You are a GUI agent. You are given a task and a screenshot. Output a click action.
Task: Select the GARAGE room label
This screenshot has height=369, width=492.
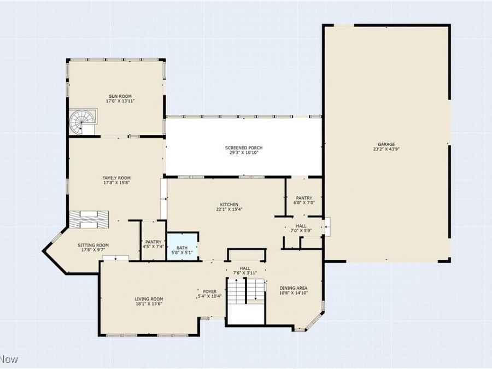386,144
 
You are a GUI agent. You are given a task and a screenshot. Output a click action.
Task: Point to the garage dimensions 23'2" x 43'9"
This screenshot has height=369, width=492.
386,149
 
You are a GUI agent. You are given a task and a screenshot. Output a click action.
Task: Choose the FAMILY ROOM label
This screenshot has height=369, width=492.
116,178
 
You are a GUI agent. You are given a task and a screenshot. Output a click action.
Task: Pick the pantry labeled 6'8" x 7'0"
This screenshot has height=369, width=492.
304,200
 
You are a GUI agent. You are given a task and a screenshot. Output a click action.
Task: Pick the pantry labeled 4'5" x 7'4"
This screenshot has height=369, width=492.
154,244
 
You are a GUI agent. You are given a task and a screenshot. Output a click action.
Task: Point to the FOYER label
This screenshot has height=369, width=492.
209,291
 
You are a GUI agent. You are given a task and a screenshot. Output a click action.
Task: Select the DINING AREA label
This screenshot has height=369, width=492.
293,288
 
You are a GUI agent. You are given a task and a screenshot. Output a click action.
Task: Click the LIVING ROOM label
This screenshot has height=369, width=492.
149,298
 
